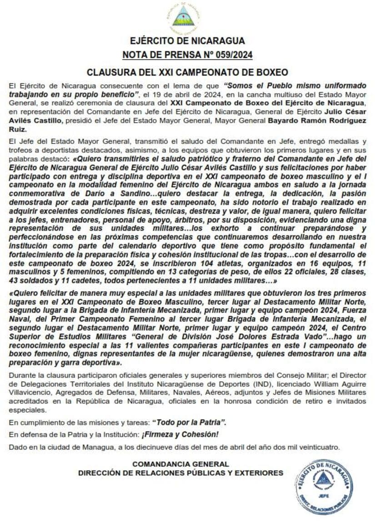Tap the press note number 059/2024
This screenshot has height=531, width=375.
tap(230, 56)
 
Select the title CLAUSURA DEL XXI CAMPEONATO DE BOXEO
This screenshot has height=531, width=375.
tap(187, 72)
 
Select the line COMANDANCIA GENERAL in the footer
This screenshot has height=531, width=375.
tap(181, 464)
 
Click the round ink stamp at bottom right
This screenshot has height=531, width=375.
tap(323, 486)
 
